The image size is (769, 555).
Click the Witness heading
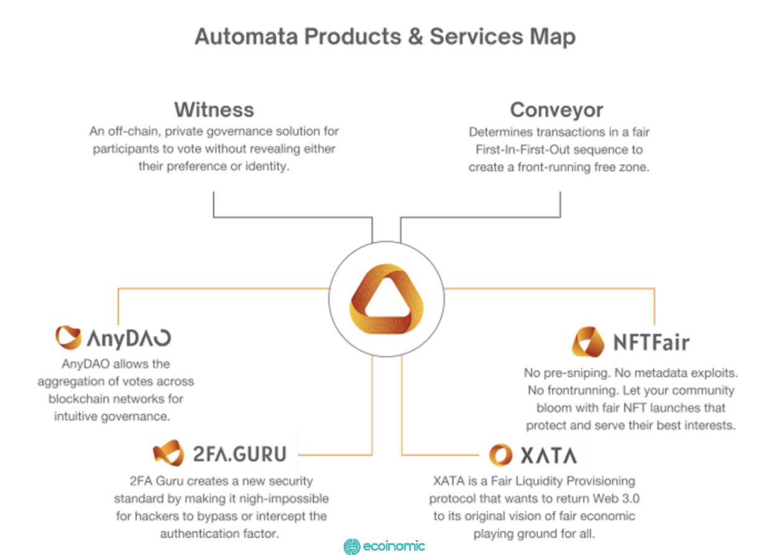point(214,110)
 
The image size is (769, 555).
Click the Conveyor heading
point(556,111)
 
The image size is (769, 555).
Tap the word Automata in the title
point(246,37)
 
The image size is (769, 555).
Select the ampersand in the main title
point(415,37)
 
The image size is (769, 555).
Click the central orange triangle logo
point(386,299)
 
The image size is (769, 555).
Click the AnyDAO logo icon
point(68,337)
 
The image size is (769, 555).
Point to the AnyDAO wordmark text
point(129,339)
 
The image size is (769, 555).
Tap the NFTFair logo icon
point(588,342)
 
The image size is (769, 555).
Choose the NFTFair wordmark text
point(652,342)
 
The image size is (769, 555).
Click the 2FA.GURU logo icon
point(168,452)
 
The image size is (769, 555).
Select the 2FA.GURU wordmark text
point(239,454)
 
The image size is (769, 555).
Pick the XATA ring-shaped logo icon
point(500,455)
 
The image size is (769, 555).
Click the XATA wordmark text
point(548,456)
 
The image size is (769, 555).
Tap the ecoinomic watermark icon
point(352,547)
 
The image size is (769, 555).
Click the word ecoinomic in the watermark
point(394,546)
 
